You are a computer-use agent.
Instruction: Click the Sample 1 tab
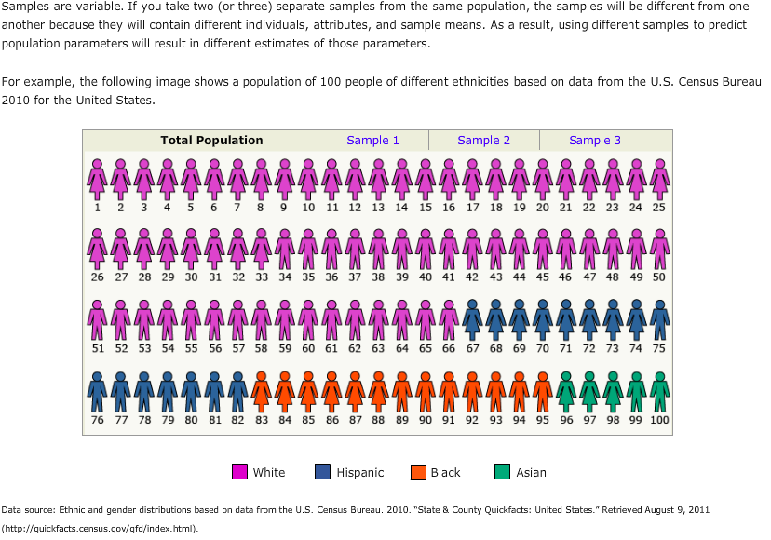point(372,141)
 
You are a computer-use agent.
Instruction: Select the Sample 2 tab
point(483,141)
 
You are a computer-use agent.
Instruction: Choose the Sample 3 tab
point(595,141)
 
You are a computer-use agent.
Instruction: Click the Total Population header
point(211,141)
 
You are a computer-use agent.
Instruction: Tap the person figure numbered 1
point(97,178)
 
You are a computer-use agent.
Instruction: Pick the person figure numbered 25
point(659,178)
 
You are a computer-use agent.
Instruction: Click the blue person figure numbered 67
point(472,318)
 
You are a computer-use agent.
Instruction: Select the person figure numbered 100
point(659,391)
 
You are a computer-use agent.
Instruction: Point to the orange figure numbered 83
point(262,391)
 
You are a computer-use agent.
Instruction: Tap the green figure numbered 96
point(566,391)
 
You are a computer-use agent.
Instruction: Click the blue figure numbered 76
point(97,391)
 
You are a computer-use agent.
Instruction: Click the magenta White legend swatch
point(239,472)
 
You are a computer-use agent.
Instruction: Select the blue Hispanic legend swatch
point(322,472)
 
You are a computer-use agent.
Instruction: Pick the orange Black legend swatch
point(418,472)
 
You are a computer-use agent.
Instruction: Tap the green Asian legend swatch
point(503,472)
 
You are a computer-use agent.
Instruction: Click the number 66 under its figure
point(449,348)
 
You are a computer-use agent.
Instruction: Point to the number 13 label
point(378,208)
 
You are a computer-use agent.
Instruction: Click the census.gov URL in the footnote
point(100,528)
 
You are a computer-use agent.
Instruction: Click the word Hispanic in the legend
point(359,473)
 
